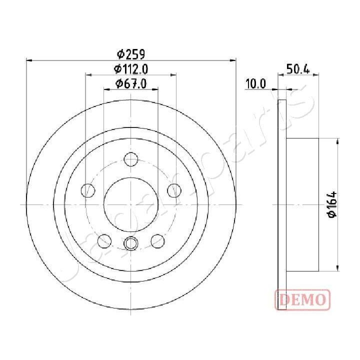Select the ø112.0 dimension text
[x=131, y=69]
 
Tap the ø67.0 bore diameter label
[x=131, y=84]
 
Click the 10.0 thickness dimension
[x=255, y=84]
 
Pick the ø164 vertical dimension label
[x=332, y=204]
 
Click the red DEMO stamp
[x=302, y=299]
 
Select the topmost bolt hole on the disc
[x=131, y=159]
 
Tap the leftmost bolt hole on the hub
[x=88, y=190]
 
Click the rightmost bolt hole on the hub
[x=174, y=190]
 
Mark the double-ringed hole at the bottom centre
[x=131, y=243]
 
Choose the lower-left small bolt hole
[x=104, y=240]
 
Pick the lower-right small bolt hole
[x=157, y=240]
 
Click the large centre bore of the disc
[x=131, y=204]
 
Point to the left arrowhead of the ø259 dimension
[x=28, y=60]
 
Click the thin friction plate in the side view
[x=282, y=204]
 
